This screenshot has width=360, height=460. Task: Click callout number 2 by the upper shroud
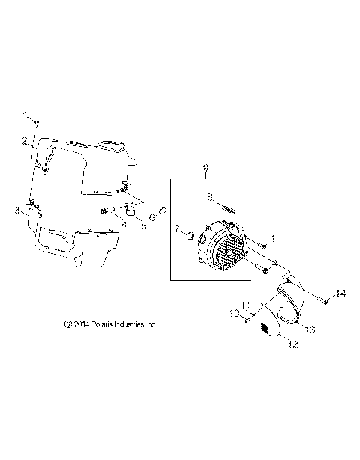24,140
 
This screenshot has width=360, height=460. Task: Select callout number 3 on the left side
18,211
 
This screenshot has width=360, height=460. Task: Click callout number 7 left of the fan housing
177,229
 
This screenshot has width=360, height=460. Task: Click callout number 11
244,305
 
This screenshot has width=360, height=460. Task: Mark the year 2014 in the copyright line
82,325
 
